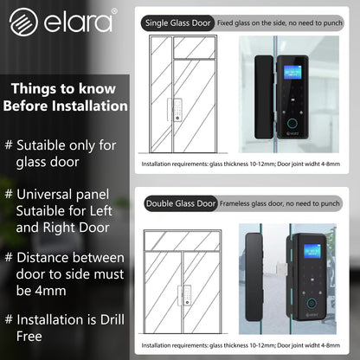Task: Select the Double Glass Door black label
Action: coord(180,203)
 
